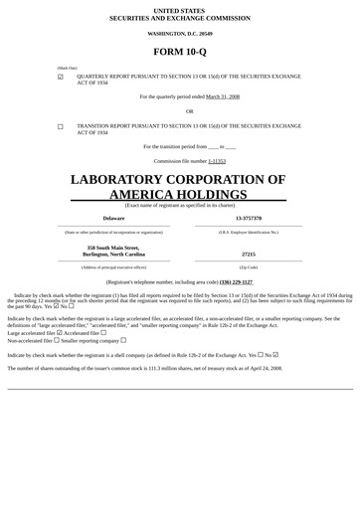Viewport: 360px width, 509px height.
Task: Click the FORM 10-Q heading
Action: coord(180,51)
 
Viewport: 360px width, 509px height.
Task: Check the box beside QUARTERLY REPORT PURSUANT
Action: coord(61,77)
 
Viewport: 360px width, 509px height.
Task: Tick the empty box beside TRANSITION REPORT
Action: coord(61,127)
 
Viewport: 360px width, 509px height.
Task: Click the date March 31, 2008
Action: coord(223,96)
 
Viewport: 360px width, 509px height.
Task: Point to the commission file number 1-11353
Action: coord(217,160)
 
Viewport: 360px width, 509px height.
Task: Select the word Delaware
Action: coord(113,218)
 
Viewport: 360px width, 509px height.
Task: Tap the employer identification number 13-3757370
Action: coord(249,218)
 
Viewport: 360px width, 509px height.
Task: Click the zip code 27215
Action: coord(249,254)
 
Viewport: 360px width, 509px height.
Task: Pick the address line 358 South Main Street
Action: coord(112,247)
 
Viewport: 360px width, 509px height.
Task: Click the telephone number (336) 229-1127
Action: coord(236,281)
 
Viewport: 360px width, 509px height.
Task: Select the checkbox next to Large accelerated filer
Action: coord(60,332)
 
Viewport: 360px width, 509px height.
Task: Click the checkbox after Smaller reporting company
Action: coord(122,340)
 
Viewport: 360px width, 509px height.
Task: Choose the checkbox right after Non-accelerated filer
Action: coord(56,340)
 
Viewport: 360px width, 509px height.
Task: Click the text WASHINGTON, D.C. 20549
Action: coord(180,33)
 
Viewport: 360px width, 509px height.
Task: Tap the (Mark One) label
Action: coord(67,68)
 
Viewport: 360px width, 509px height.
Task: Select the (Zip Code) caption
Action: coord(249,267)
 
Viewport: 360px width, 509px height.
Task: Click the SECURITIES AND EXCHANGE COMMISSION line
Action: coord(180,17)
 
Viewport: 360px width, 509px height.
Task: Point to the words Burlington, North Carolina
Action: coord(112,254)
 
